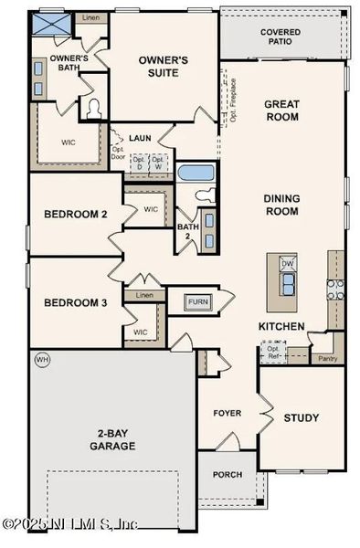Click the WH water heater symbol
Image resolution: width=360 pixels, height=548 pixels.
(x=40, y=361)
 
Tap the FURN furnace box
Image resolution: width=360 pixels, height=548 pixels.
(x=197, y=301)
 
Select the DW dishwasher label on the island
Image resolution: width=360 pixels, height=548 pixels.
(x=289, y=263)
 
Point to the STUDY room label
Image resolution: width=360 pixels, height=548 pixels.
(x=301, y=418)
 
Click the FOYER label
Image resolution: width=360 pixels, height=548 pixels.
(x=227, y=414)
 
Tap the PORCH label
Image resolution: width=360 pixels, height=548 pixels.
(x=227, y=476)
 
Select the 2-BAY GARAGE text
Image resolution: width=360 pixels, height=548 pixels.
(x=112, y=439)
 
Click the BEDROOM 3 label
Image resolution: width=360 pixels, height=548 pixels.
(x=77, y=302)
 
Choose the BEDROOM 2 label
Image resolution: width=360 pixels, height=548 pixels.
(x=77, y=215)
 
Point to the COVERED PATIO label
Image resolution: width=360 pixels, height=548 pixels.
(x=281, y=37)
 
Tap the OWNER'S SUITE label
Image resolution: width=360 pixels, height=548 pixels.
(x=164, y=67)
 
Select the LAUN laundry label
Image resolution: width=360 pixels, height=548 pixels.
(x=140, y=137)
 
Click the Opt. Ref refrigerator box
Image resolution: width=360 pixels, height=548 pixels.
(x=272, y=352)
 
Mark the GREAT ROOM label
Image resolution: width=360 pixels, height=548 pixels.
(x=282, y=111)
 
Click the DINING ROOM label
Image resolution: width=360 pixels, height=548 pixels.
(x=282, y=205)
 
